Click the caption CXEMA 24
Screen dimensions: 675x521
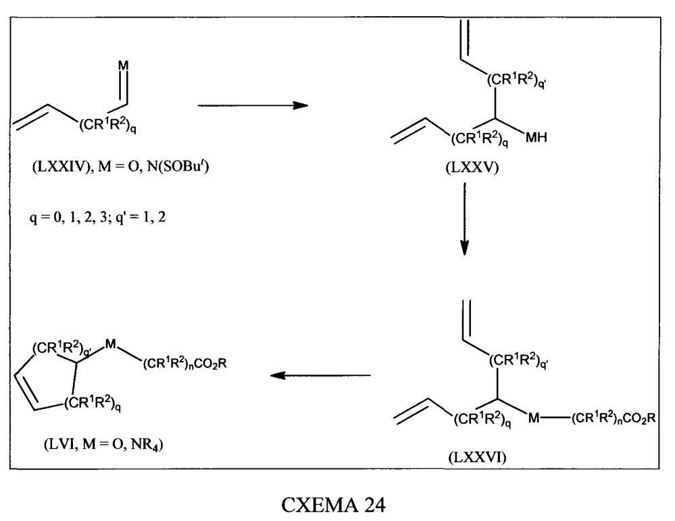coord(333,504)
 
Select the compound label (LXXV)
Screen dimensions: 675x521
coord(472,167)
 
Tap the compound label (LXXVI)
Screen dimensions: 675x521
coord(478,456)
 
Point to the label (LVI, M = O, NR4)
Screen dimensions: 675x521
coord(103,443)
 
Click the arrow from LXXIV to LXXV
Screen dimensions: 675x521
coord(253,105)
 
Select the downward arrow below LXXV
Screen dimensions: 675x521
coord(464,219)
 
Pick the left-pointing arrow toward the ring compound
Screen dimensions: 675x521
coord(320,375)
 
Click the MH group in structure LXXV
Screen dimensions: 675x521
coord(536,137)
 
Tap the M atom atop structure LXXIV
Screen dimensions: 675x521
coord(123,65)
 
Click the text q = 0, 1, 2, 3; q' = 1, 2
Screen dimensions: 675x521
coord(97,217)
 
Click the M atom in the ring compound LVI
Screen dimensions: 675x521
coord(111,344)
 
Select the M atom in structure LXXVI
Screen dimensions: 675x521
coord(534,417)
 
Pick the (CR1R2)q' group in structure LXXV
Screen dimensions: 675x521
coord(517,80)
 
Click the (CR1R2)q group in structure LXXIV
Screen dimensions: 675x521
coord(107,126)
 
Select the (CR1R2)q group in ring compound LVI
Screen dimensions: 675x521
coord(93,403)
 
